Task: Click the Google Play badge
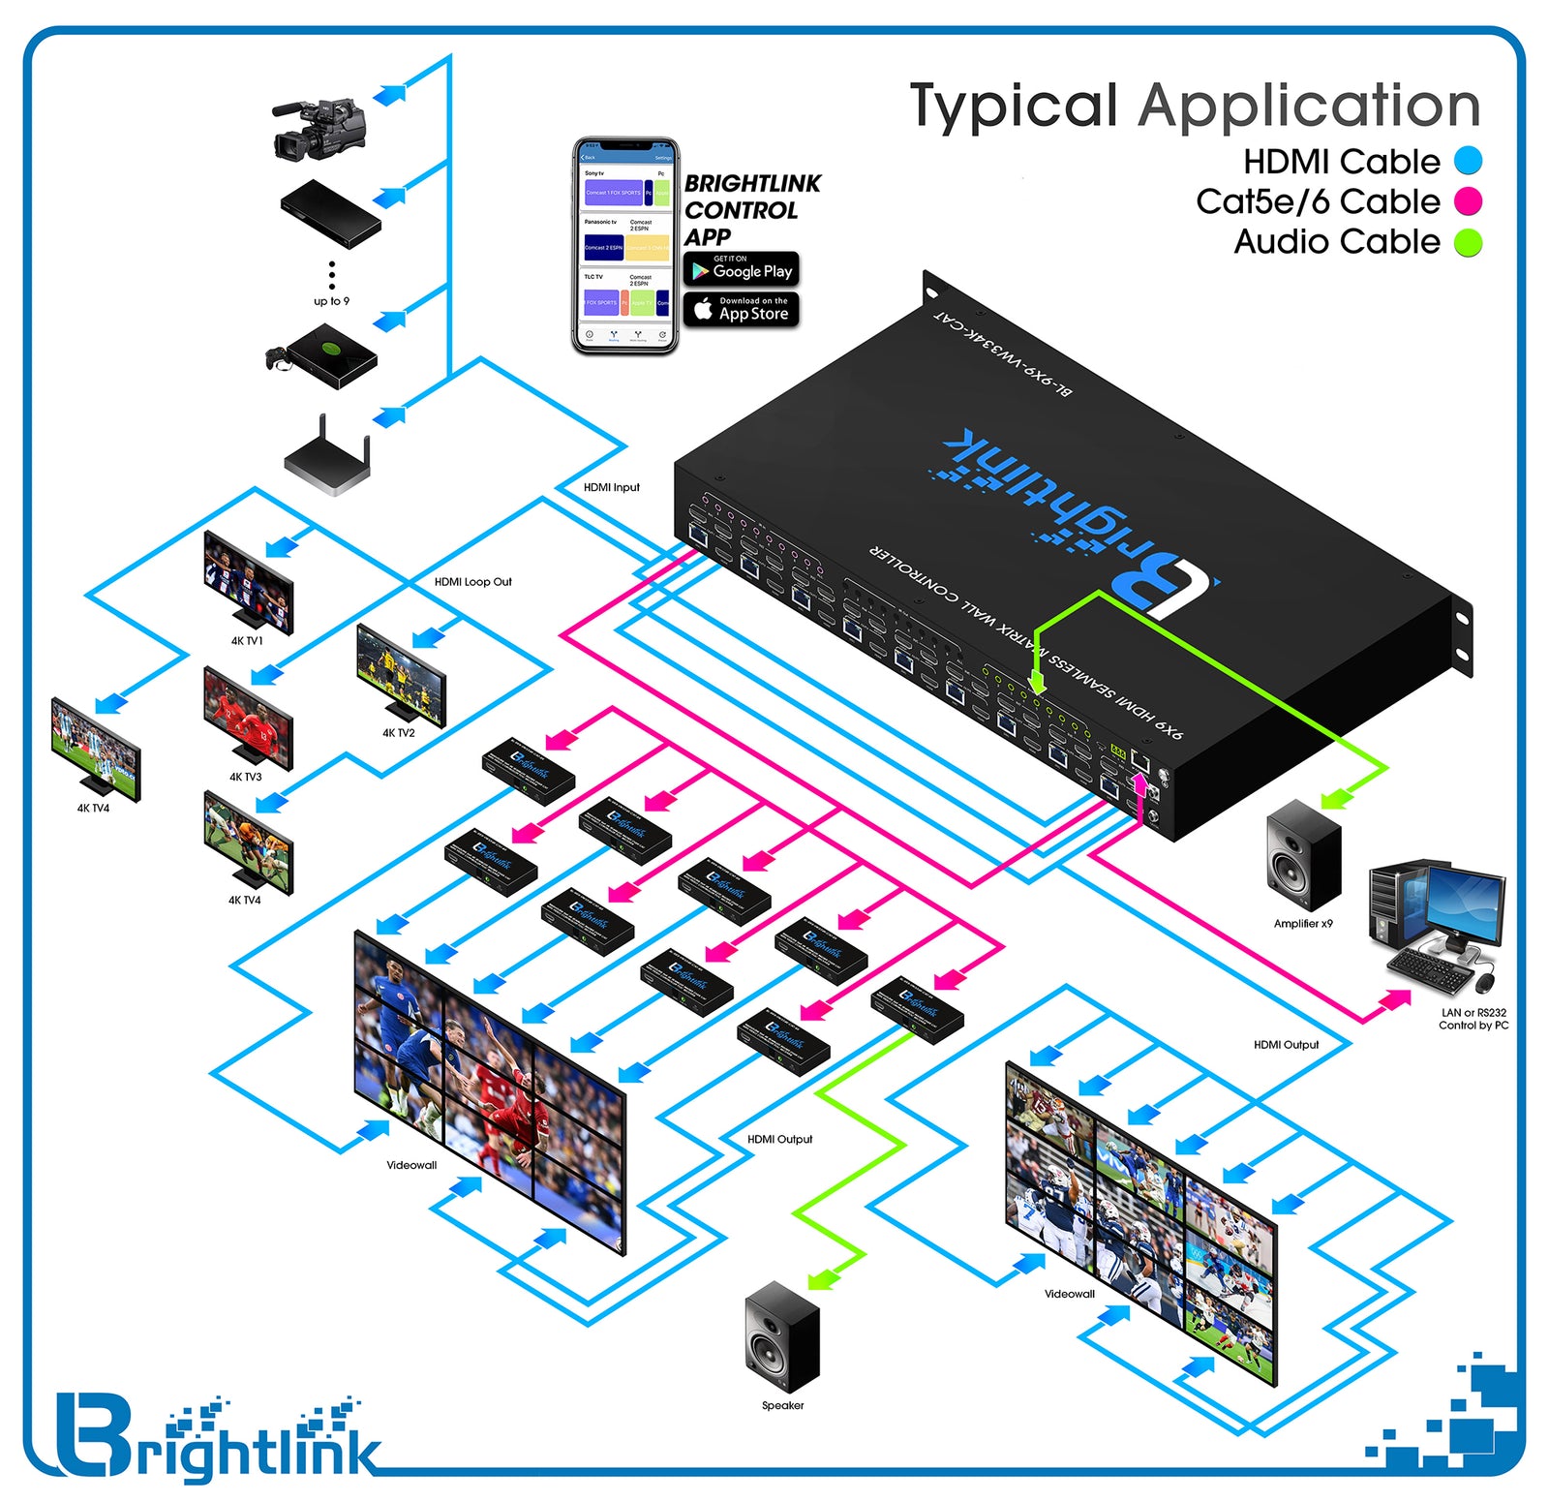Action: click(741, 268)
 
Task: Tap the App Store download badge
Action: click(741, 309)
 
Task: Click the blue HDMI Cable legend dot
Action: click(1468, 161)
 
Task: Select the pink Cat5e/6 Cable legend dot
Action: click(1468, 201)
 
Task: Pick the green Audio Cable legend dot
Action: click(1468, 242)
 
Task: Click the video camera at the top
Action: click(318, 129)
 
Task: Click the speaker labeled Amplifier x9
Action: click(1303, 855)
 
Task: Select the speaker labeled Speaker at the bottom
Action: click(781, 1336)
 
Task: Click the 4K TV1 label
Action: click(246, 641)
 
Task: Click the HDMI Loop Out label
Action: click(472, 582)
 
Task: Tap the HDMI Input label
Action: click(611, 487)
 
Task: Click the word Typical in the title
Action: click(1013, 107)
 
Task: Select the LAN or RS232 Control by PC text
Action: click(1473, 1019)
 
